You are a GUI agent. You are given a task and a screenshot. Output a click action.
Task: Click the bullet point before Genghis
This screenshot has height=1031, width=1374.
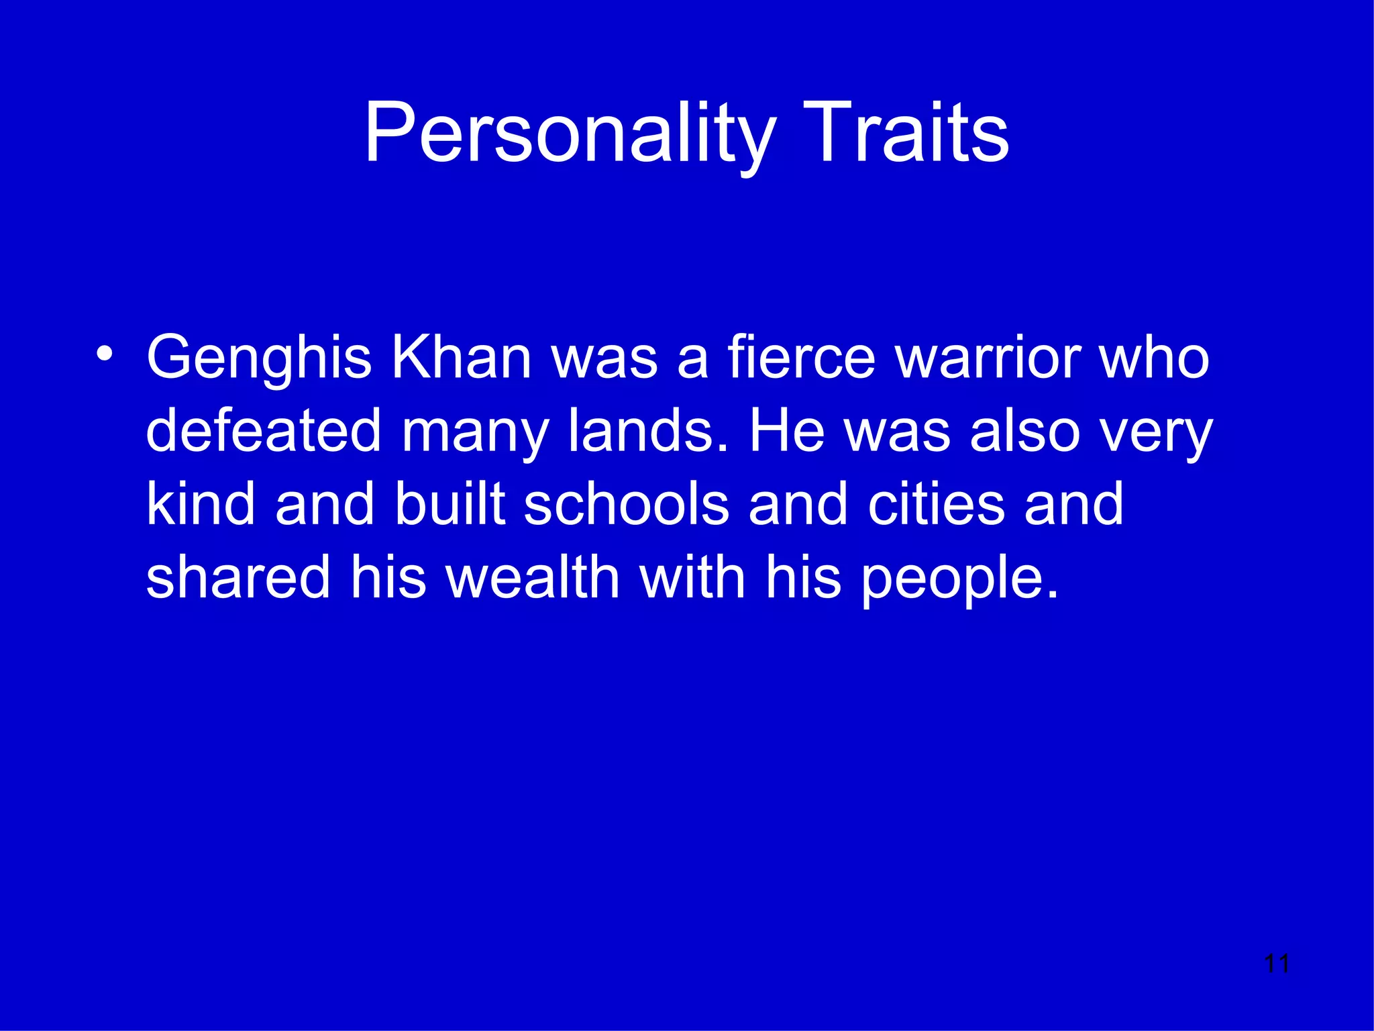104,353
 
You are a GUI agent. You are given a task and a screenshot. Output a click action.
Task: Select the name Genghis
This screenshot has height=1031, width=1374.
259,358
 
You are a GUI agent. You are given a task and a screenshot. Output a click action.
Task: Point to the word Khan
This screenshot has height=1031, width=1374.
462,358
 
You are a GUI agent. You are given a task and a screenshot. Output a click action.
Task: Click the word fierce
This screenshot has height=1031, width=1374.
802,358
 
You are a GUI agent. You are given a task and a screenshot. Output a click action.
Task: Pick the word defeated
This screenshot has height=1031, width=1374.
264,431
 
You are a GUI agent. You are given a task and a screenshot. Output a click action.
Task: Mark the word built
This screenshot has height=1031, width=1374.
450,504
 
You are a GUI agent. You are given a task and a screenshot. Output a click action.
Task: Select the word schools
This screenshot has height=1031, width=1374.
626,504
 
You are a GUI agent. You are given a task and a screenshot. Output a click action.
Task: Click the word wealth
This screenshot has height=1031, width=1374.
533,577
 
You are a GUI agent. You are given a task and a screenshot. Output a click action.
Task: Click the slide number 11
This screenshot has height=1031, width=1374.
1276,964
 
